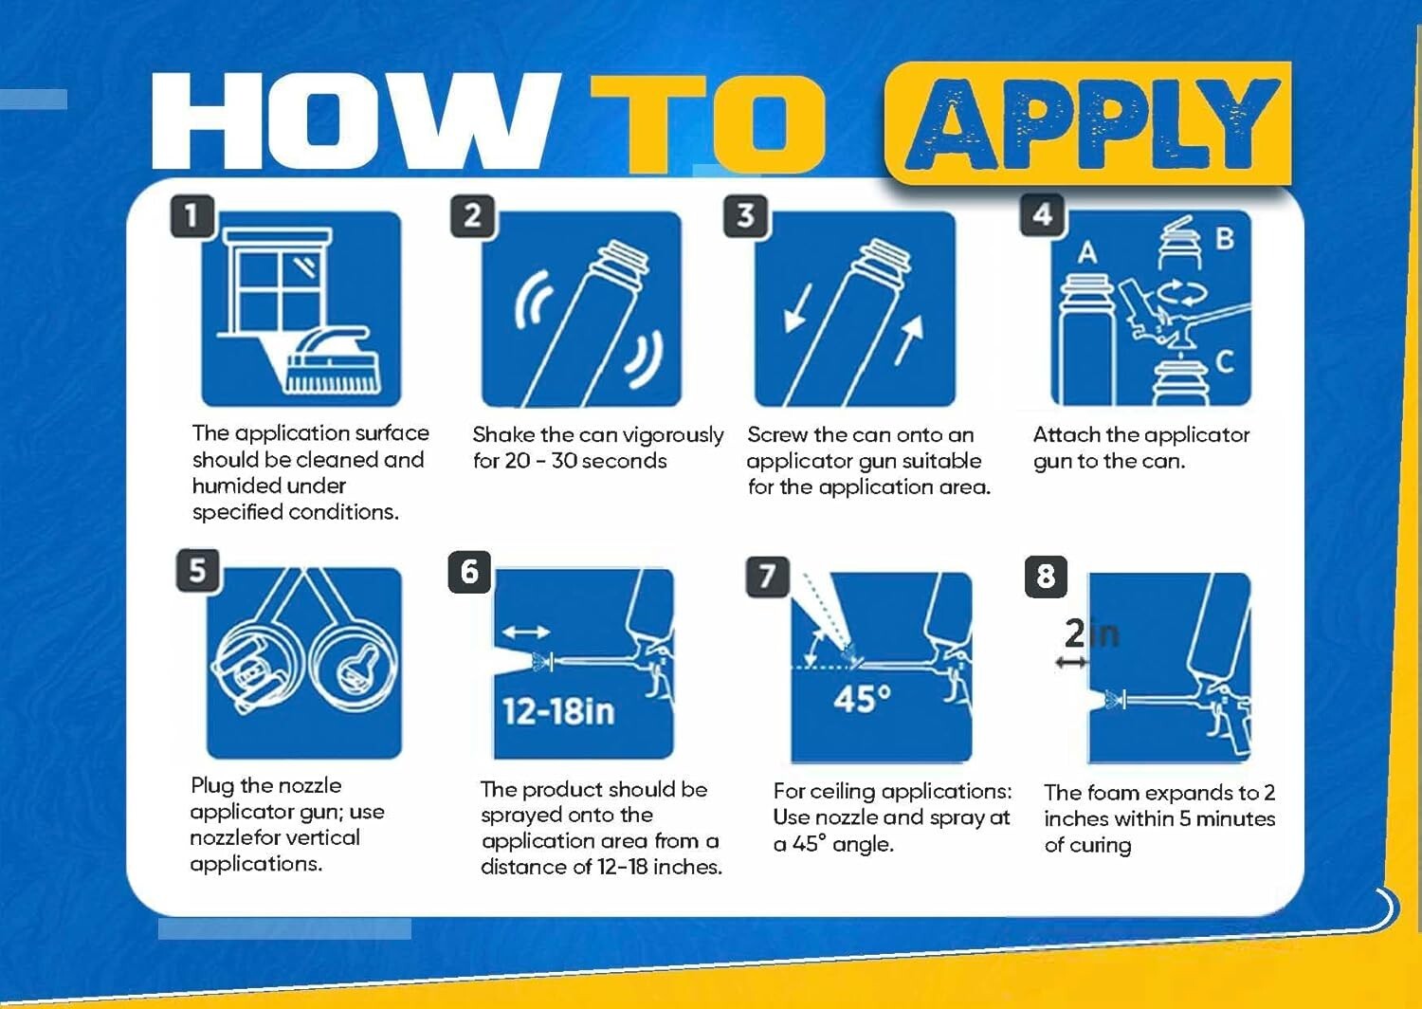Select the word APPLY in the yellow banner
[1092, 124]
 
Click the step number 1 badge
[192, 216]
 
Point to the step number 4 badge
[1043, 214]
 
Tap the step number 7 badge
[767, 576]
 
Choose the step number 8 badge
[1047, 577]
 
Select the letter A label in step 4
[1087, 253]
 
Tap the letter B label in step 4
[1225, 239]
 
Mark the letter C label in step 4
[1225, 362]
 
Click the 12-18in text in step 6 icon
[558, 711]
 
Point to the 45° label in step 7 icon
[862, 699]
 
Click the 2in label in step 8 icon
[1091, 633]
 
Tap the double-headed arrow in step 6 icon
[525, 632]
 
